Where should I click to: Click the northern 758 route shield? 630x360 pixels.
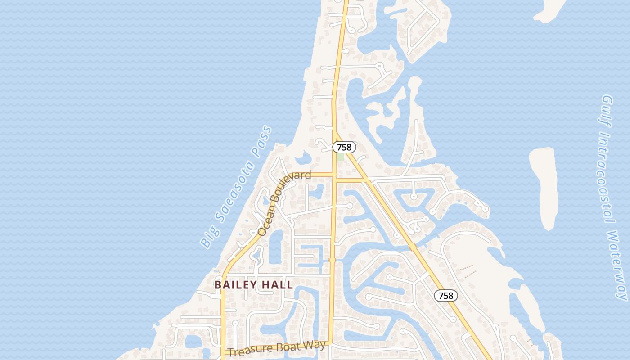coord(344,147)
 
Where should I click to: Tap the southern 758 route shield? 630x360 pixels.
coord(445,296)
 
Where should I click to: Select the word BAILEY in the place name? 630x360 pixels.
coord(236,285)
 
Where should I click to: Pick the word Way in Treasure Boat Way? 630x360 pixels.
coord(316,345)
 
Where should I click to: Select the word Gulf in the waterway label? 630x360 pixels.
coord(607,108)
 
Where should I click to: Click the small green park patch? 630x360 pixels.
coord(341,157)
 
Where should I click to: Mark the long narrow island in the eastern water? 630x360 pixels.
coord(544,187)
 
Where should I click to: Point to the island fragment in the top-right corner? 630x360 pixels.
coord(551,10)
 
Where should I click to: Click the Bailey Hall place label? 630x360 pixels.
coord(254,285)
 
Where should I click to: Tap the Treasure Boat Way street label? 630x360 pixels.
coord(277,348)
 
